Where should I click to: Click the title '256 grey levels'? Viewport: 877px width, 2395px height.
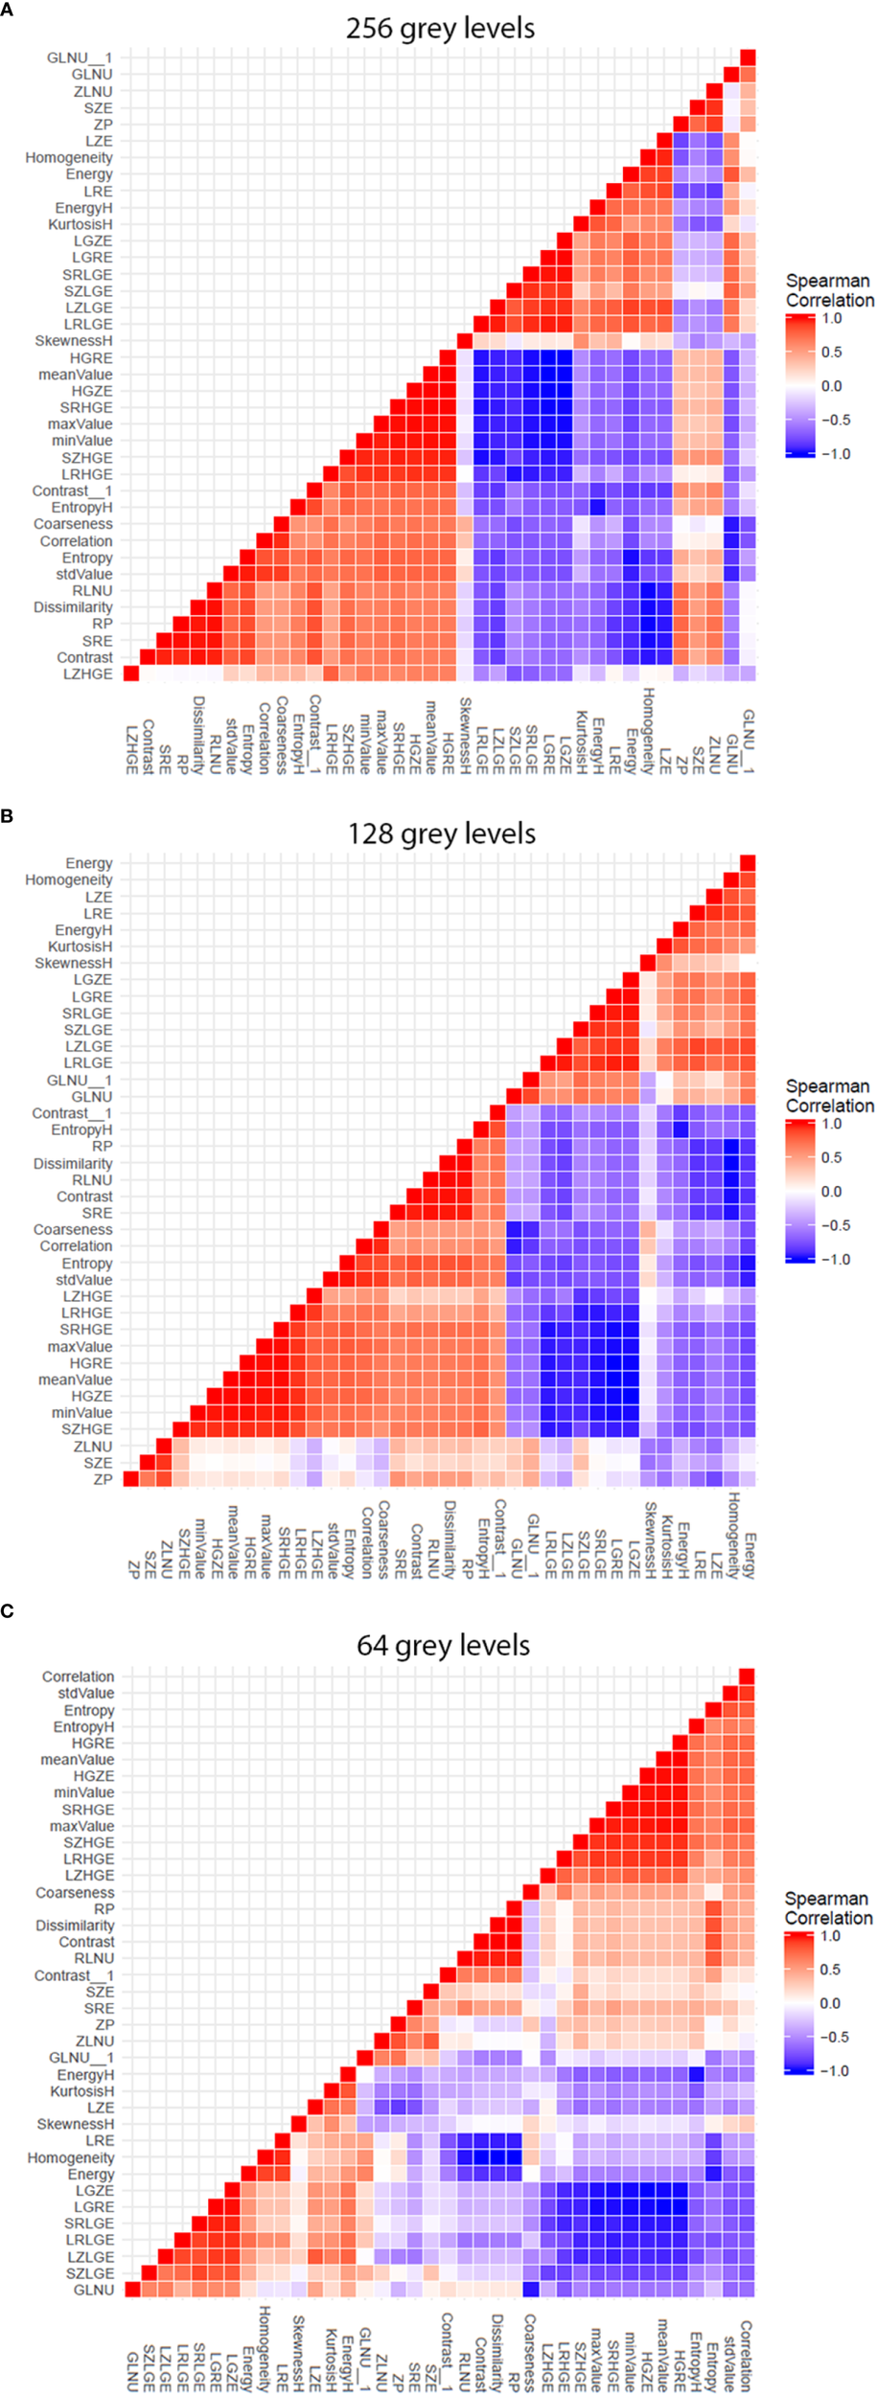(440, 28)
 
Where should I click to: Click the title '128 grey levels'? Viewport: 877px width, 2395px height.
(441, 833)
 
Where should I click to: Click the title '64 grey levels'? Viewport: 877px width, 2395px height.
(443, 1645)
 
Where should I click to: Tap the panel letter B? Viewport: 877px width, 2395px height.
(7, 815)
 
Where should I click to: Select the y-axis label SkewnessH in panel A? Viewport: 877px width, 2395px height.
(74, 341)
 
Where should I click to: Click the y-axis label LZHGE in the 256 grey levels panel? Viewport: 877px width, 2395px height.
(87, 674)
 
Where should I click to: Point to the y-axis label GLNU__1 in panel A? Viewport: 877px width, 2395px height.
(80, 57)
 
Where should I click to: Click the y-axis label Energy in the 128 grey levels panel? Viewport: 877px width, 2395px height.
(89, 863)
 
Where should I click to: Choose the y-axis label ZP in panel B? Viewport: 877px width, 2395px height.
(103, 1479)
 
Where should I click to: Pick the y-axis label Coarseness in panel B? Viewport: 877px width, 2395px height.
(73, 1229)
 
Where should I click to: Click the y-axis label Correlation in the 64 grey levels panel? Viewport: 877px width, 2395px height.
(78, 1676)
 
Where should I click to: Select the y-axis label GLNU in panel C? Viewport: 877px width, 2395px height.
(94, 2290)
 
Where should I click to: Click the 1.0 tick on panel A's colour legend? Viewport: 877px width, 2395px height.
(832, 318)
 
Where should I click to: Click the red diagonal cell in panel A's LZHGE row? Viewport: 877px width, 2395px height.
(131, 674)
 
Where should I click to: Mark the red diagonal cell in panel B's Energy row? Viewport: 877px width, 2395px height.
(748, 863)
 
